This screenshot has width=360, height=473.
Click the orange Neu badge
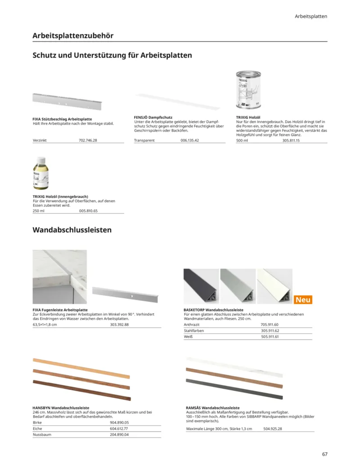[x=303, y=300]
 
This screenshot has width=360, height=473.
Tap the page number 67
[x=324, y=454]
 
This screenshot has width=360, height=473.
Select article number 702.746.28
[x=88, y=140]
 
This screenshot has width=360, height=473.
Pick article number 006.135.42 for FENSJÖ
[x=189, y=140]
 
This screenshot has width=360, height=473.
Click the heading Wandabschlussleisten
[x=72, y=230]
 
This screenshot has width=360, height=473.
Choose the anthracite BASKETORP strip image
[x=200, y=287]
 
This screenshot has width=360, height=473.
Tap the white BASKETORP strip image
[x=274, y=287]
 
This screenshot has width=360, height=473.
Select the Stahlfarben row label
[x=193, y=331]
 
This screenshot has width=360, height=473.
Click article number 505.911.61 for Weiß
[x=270, y=337]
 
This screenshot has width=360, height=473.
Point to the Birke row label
[x=38, y=423]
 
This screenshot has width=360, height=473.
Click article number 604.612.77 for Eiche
[x=119, y=429]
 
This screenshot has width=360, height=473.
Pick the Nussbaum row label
[x=42, y=435]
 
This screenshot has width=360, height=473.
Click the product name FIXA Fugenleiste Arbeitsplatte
[x=60, y=310]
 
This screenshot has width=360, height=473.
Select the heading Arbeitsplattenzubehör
[x=73, y=35]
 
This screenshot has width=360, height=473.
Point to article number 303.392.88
[x=119, y=324]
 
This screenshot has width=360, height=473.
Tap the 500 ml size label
[x=242, y=140]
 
